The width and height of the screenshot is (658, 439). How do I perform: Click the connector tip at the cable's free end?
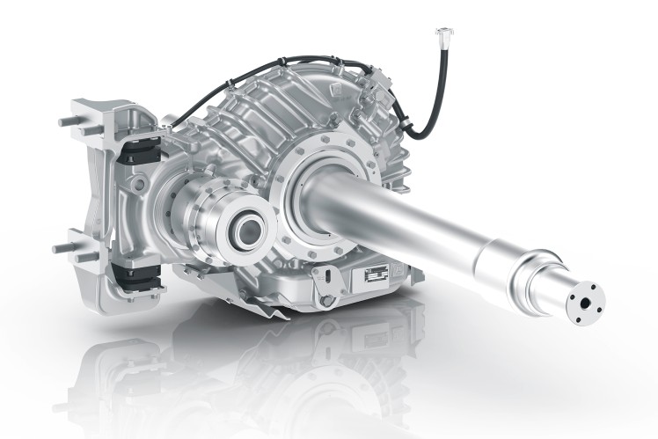coord(439,33)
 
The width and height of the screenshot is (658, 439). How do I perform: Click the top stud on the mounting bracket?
coord(69,118)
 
